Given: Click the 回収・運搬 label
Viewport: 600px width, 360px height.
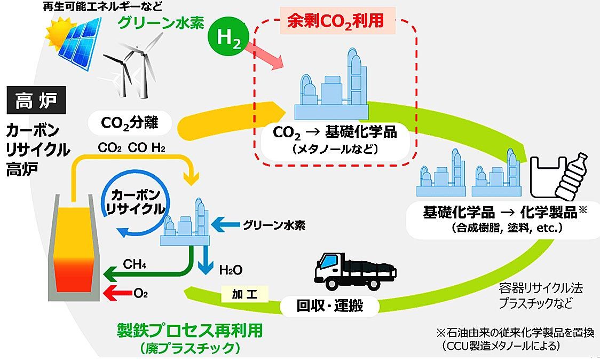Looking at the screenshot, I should pyautogui.click(x=330, y=307).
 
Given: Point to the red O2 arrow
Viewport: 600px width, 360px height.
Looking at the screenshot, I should pyautogui.click(x=117, y=293).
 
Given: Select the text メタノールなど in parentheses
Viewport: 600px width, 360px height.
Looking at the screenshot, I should pyautogui.click(x=335, y=148).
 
